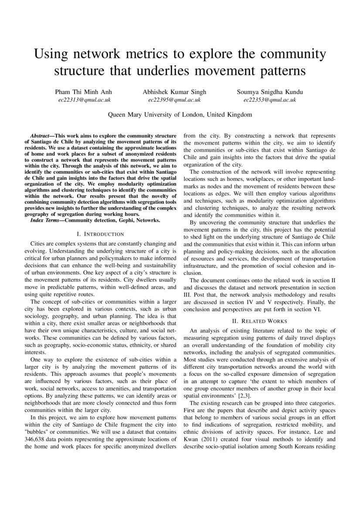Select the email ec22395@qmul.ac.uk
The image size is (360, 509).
(174, 100)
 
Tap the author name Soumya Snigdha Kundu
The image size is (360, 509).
(270, 92)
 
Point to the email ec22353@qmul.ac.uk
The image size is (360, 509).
(270, 100)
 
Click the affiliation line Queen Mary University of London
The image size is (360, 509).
(180, 115)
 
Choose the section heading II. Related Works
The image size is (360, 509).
(259, 321)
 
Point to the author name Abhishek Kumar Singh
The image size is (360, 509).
(174, 92)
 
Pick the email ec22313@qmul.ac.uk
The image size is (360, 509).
(85, 100)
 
